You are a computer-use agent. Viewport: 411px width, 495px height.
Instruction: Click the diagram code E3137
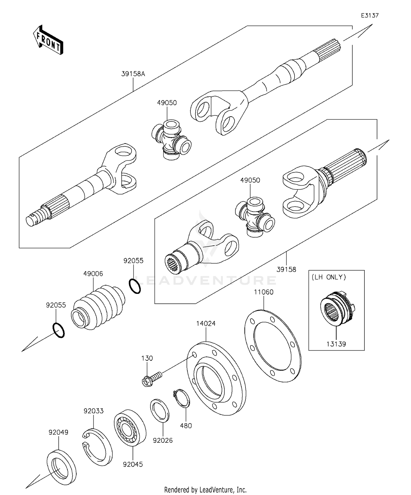click(369, 16)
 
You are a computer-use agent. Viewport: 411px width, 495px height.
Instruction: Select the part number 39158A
click(133, 74)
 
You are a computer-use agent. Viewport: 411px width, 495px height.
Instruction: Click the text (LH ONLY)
click(329, 277)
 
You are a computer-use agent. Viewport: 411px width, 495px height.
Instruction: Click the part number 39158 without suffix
click(286, 270)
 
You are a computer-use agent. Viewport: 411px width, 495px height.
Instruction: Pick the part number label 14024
click(206, 323)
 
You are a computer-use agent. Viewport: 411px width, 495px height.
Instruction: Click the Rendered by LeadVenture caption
click(205, 489)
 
